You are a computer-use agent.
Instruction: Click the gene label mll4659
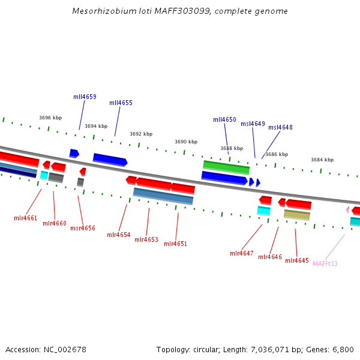(x=85, y=97)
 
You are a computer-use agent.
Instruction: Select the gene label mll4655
(x=121, y=103)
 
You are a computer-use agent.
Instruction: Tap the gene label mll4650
(x=224, y=119)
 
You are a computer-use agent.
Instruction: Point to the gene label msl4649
(x=253, y=124)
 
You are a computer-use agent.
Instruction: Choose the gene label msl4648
(x=280, y=127)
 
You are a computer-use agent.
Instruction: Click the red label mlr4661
(x=26, y=218)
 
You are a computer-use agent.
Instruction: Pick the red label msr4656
(x=83, y=228)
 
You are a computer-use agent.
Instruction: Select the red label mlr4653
(x=146, y=239)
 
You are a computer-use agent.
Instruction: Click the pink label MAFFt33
(x=325, y=263)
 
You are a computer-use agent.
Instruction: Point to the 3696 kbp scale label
(x=50, y=118)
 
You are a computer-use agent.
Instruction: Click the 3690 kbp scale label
(x=186, y=142)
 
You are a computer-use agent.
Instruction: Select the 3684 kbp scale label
(x=322, y=160)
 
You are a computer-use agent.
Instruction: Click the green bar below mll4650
(x=226, y=167)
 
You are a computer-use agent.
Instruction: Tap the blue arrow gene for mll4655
(x=110, y=159)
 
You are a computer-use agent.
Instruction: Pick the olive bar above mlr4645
(x=297, y=214)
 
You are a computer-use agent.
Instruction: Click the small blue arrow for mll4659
(x=74, y=153)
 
